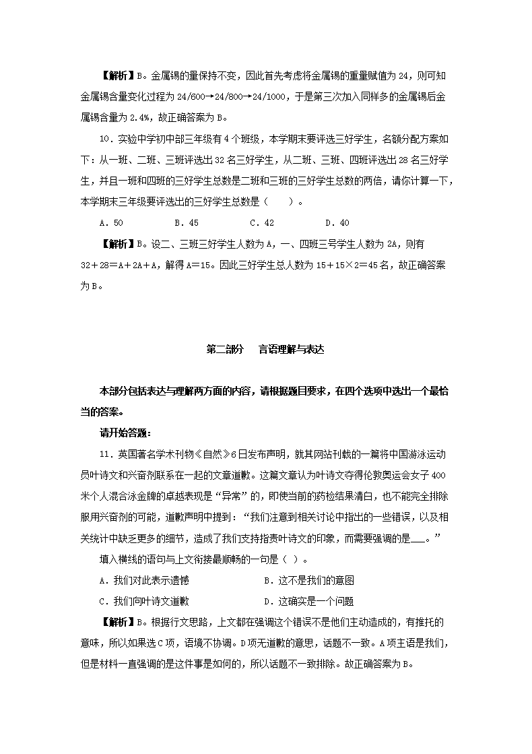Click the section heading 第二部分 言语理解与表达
tap(265, 350)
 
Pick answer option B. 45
tap(186, 222)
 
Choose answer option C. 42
tap(261, 222)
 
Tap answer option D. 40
tap(337, 222)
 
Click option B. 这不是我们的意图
tap(309, 581)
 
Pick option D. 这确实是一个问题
tap(309, 602)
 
